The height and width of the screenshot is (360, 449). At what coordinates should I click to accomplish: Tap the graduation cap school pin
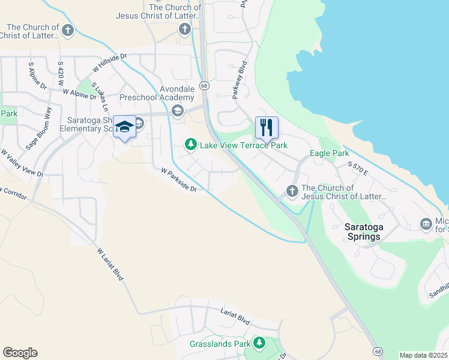124,127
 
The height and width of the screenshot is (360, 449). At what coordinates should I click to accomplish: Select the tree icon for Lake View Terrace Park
191,145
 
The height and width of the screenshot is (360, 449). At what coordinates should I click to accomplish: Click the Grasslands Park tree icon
259,343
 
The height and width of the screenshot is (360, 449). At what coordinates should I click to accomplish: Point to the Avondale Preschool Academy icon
177,110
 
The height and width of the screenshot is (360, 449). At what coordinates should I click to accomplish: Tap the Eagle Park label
325,154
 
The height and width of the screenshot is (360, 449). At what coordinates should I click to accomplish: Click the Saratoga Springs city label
363,232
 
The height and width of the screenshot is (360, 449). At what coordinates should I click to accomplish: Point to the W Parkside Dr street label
179,180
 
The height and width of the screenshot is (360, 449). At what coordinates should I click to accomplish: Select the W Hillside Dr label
110,64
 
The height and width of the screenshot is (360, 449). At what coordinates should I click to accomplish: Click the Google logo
20,353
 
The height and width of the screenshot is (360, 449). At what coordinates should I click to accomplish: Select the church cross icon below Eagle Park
292,191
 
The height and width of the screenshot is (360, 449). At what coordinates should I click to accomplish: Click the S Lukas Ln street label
99,97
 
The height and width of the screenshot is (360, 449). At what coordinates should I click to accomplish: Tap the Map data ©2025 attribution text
423,355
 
